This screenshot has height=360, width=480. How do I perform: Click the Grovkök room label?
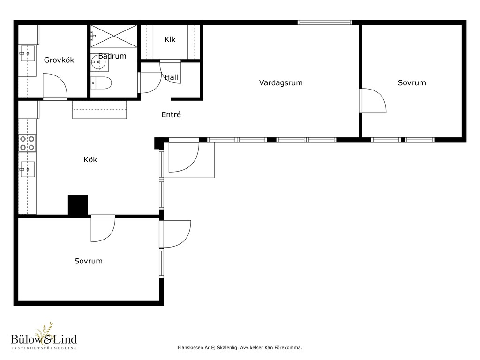click(x=59, y=60)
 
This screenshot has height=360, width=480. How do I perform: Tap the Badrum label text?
click(x=112, y=56)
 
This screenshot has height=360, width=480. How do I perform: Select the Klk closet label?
click(x=170, y=39)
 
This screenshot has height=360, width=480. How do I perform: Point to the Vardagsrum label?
click(x=281, y=82)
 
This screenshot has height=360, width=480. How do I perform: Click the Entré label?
click(x=171, y=114)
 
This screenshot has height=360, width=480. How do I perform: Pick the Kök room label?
click(x=90, y=159)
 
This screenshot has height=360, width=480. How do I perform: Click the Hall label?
click(x=172, y=77)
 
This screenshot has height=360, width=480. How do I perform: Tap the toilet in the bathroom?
click(x=101, y=82)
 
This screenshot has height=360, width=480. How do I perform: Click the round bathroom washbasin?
click(x=98, y=62)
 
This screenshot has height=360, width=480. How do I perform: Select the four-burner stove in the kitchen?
click(x=27, y=143)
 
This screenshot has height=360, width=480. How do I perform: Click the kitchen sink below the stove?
click(x=27, y=169)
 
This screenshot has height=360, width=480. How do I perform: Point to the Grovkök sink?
click(x=27, y=53)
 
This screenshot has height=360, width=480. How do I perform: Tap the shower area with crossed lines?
click(x=114, y=36)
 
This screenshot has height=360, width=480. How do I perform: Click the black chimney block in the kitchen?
click(x=78, y=205)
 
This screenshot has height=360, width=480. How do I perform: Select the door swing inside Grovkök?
click(x=55, y=87)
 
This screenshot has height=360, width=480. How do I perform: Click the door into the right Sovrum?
click(x=373, y=101)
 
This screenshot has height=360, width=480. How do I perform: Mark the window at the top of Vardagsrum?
click(x=325, y=22)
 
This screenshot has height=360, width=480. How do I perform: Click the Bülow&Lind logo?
click(x=44, y=336)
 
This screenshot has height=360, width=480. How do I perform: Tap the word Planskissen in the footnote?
click(x=190, y=348)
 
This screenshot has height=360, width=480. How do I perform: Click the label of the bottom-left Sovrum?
click(x=89, y=261)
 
